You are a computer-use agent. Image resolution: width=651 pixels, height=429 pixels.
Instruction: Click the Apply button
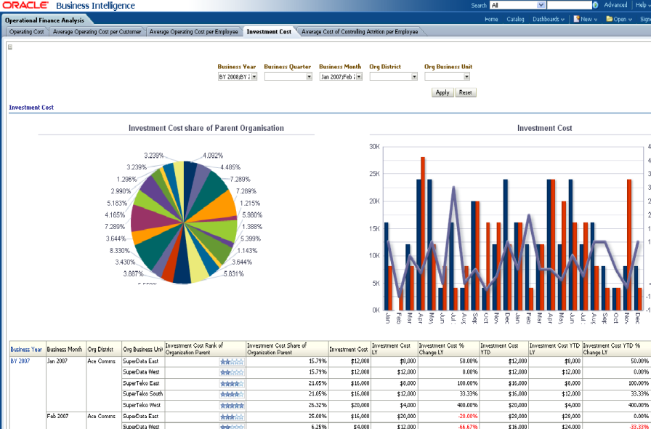pyautogui.click(x=442, y=92)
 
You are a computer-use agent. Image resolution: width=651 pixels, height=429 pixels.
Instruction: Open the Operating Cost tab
pyautogui.click(x=27, y=32)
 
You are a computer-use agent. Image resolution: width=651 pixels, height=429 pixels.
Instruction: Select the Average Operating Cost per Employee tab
pyautogui.click(x=194, y=32)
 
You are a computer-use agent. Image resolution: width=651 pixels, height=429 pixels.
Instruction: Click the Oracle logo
pyautogui.click(x=25, y=6)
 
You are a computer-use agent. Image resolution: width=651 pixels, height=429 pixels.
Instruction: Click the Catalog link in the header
pyautogui.click(x=515, y=19)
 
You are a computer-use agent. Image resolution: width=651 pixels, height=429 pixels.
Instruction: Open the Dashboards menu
pyautogui.click(x=549, y=19)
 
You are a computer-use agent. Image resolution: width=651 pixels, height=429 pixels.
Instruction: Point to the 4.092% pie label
pyautogui.click(x=213, y=156)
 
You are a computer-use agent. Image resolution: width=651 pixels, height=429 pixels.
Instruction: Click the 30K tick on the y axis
pyautogui.click(x=375, y=147)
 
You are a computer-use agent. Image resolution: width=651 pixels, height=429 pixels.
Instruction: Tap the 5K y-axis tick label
pyautogui.click(x=376, y=283)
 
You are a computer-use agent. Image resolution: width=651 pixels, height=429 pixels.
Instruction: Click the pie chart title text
pyautogui.click(x=206, y=128)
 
